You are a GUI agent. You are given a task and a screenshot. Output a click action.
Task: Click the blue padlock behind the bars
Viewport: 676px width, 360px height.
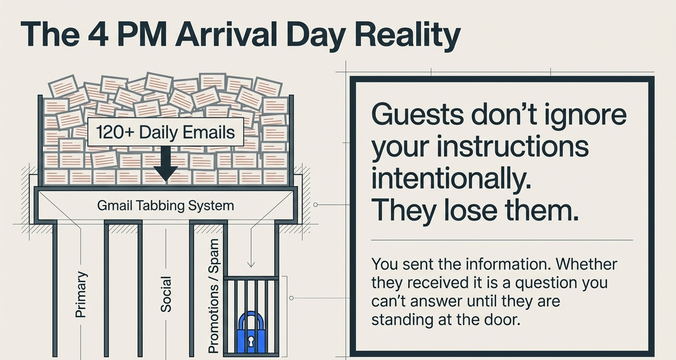click(x=251, y=333)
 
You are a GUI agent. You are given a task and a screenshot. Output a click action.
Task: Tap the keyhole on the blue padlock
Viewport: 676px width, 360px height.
click(x=251, y=341)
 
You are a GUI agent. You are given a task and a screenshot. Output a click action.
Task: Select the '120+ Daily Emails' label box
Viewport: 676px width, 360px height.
click(x=165, y=132)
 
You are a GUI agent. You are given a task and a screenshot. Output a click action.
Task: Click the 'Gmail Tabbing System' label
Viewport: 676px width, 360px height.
click(x=166, y=205)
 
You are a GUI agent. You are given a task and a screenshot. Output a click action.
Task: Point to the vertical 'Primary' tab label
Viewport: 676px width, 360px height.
click(x=81, y=294)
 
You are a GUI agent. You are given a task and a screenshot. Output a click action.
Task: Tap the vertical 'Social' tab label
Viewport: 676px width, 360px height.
click(x=166, y=294)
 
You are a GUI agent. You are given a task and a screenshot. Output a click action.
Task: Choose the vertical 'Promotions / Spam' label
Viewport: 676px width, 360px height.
click(x=213, y=296)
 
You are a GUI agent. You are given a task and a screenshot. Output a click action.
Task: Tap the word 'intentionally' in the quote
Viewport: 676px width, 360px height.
click(x=451, y=179)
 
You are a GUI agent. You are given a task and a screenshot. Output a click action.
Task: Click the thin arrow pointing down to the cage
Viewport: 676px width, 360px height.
click(x=251, y=250)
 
